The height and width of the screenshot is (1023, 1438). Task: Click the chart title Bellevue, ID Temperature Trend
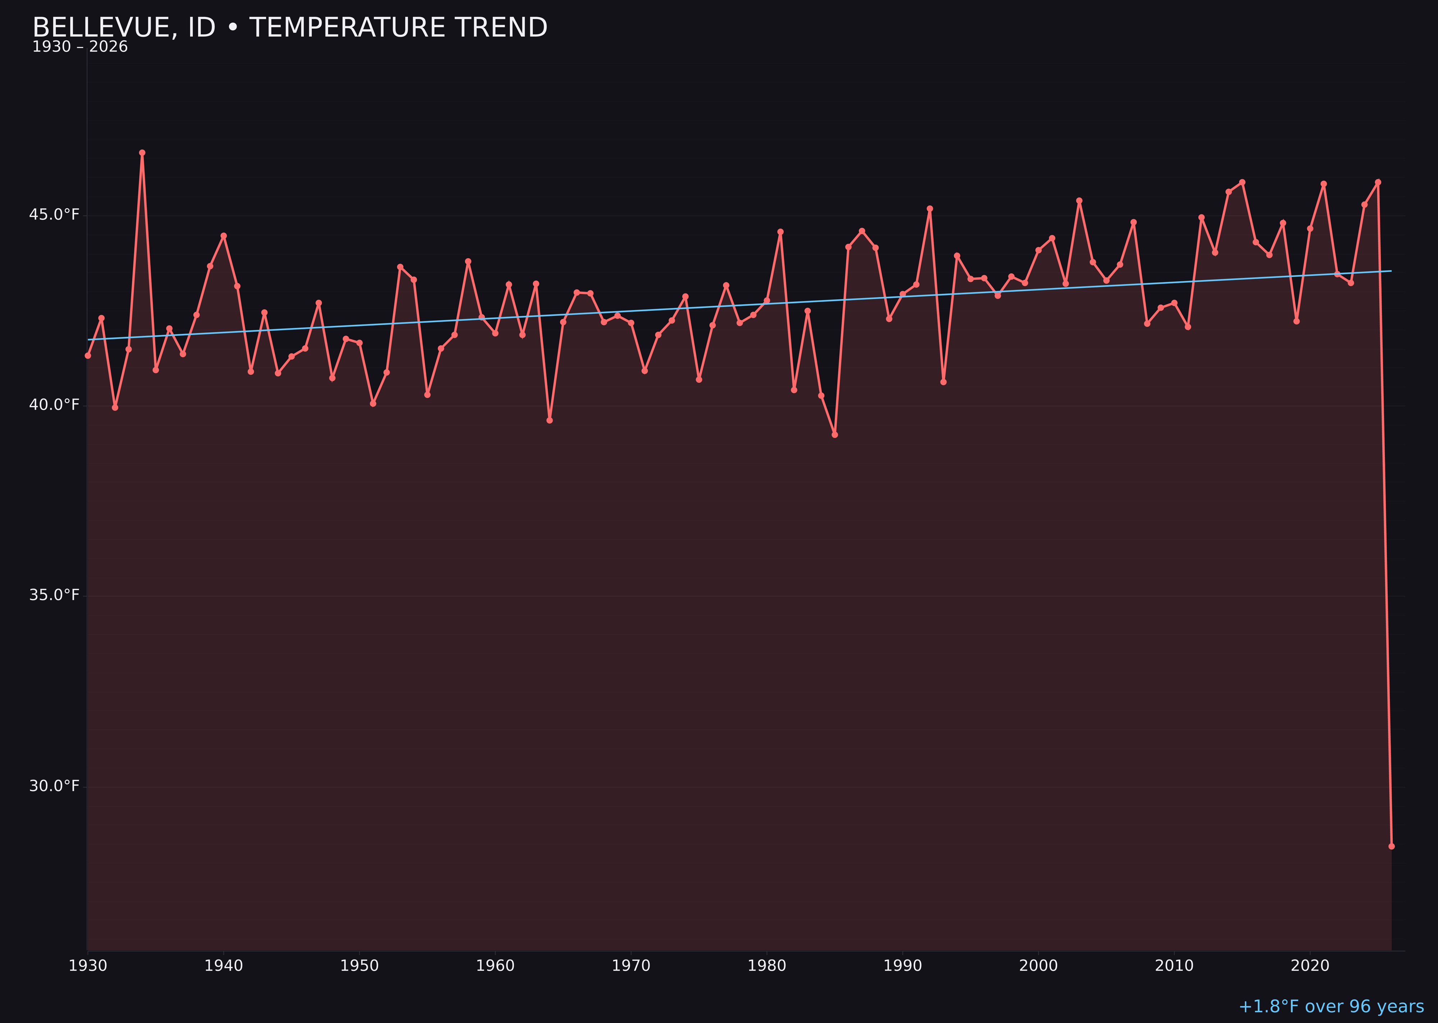pyautogui.click(x=290, y=28)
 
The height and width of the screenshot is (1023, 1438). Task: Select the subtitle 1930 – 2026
pyautogui.click(x=80, y=47)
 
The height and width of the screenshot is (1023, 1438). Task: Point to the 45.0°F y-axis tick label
pyautogui.click(x=54, y=215)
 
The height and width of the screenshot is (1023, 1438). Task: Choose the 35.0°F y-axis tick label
pyautogui.click(x=54, y=595)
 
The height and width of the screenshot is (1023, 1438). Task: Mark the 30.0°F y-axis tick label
pyautogui.click(x=54, y=786)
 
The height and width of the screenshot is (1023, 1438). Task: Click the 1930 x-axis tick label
pyautogui.click(x=88, y=966)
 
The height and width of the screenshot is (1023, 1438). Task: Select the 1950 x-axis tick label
pyautogui.click(x=359, y=966)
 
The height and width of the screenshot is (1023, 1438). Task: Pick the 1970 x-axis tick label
pyautogui.click(x=631, y=966)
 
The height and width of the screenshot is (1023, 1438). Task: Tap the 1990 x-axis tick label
pyautogui.click(x=903, y=966)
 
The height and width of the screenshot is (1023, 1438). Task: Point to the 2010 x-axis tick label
pyautogui.click(x=1174, y=966)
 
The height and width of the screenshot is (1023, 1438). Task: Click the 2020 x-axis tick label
pyautogui.click(x=1310, y=966)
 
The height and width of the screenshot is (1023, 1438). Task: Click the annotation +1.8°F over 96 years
pyautogui.click(x=1331, y=1006)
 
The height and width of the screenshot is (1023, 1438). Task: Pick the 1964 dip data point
pyautogui.click(x=550, y=420)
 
